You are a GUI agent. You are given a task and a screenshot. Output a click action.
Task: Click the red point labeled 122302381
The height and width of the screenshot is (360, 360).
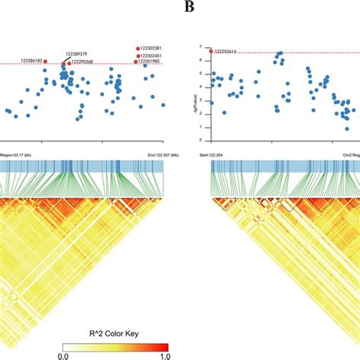point(139,48)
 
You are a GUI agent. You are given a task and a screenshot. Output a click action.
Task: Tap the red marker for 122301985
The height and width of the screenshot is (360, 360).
point(138,62)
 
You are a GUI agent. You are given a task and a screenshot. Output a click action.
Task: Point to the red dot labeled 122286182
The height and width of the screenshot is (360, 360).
point(46,61)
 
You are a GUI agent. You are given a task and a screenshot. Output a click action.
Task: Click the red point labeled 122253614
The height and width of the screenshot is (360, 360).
point(210,51)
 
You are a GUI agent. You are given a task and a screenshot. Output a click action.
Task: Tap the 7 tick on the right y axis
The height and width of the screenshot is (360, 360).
point(199,47)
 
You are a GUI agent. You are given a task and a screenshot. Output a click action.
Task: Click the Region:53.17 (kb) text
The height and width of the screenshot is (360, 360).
point(19,154)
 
